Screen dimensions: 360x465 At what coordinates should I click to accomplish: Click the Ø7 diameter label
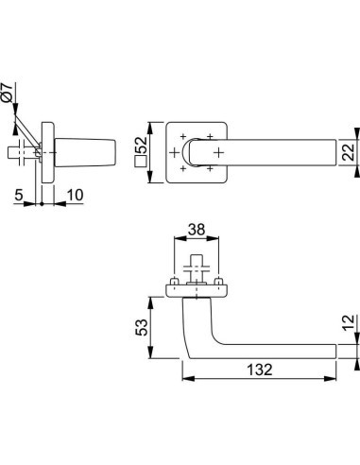pos(7,93)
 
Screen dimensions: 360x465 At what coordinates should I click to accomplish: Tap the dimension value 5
pos(19,195)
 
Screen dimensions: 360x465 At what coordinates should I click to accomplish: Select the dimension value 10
pos(75,195)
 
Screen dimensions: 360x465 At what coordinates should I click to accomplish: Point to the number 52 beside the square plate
pos(142,145)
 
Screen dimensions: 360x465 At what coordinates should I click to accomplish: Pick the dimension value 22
pos(349,152)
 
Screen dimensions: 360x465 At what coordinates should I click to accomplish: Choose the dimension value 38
pos(197,230)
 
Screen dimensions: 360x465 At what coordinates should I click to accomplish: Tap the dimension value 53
pos(142,327)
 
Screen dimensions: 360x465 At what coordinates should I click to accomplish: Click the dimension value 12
pos(349,322)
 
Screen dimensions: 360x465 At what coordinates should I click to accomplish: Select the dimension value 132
pos(260,370)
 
